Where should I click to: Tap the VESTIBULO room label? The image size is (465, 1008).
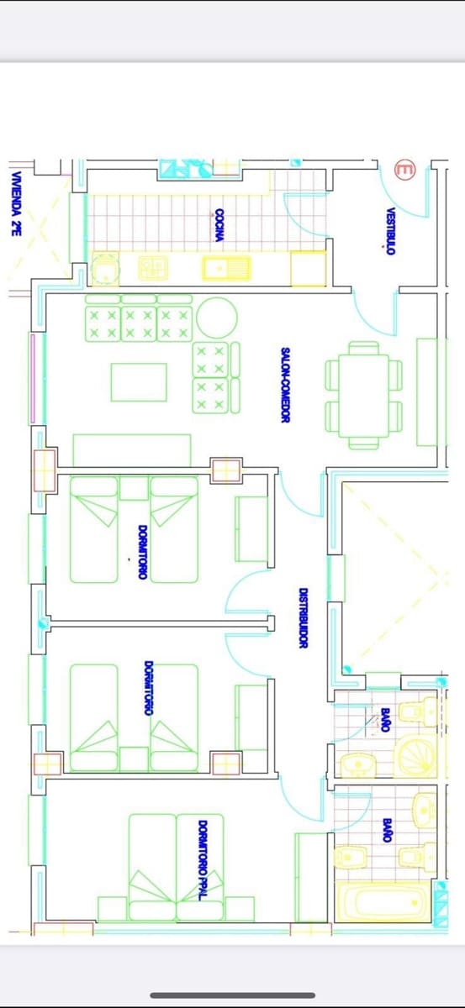click(390, 231)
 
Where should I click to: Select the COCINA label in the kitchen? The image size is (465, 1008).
click(219, 225)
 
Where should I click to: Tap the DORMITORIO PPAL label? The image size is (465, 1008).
click(203, 861)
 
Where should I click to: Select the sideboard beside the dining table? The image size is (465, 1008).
click(427, 391)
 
